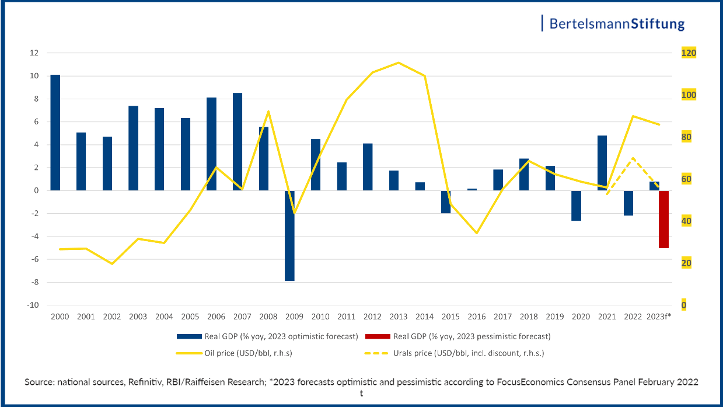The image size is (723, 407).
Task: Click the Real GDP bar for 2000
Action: pos(55,133)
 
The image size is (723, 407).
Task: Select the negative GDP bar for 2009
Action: pos(290,235)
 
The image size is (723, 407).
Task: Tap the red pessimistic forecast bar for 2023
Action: pos(663,219)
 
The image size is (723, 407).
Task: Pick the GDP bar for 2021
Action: pos(602,163)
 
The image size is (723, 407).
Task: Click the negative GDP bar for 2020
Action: pos(577,206)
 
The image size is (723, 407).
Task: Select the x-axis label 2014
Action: pos(424,316)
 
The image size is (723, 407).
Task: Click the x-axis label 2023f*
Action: pos(659,316)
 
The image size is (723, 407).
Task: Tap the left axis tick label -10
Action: pos(34,305)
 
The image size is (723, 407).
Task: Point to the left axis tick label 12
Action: pos(34,53)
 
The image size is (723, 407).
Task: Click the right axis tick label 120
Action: pos(689,53)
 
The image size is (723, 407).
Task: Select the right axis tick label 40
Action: pos(686,221)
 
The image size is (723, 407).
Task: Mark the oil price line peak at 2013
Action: pos(398,62)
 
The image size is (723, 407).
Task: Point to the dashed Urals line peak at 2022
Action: pos(633,158)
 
